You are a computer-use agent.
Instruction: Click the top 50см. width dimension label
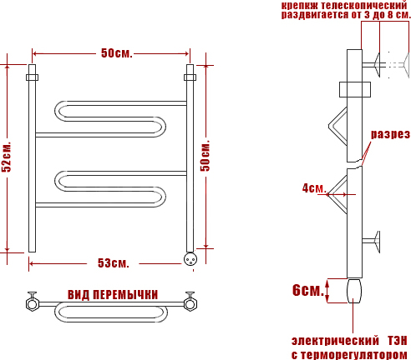point(116,53)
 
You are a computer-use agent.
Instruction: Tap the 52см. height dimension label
point(7,157)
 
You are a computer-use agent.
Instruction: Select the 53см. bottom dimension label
point(114,263)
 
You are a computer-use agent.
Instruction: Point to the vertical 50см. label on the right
point(205,156)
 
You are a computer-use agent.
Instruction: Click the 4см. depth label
point(314,188)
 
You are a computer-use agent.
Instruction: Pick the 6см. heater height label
point(308,290)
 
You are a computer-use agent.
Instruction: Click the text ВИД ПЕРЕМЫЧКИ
point(113,295)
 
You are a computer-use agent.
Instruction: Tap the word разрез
point(390,134)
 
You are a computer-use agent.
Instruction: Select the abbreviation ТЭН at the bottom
point(397,341)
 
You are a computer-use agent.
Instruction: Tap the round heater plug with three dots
point(190,259)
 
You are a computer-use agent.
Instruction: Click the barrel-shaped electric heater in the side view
point(354,291)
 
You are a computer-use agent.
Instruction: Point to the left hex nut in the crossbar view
point(32,303)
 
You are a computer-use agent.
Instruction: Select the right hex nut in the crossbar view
point(190,303)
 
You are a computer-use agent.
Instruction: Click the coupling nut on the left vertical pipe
point(32,77)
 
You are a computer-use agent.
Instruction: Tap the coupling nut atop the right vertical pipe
point(190,77)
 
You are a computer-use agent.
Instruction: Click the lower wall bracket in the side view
point(372,242)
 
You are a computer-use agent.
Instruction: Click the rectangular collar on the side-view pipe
point(355,89)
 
